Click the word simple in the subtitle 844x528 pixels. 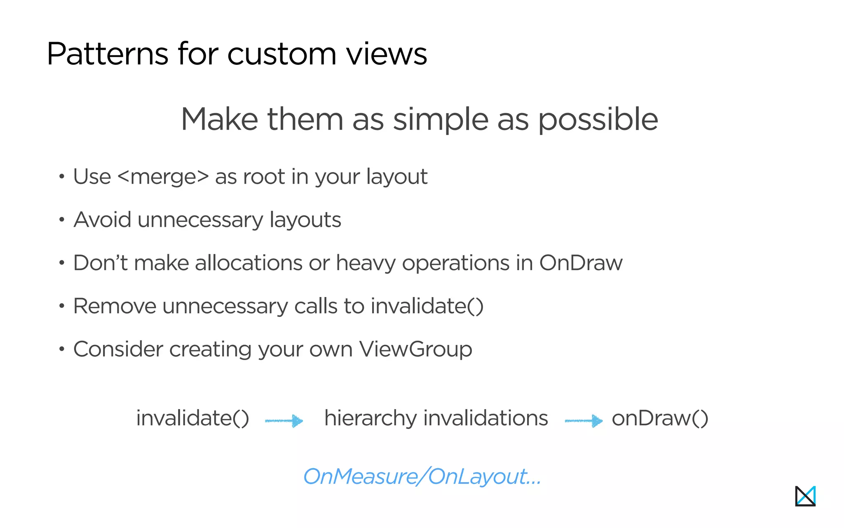(x=440, y=120)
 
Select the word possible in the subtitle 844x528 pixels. (x=598, y=120)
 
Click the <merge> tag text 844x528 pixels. (x=163, y=177)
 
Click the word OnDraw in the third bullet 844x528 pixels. (x=581, y=263)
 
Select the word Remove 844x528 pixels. (x=115, y=306)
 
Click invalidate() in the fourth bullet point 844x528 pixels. (x=427, y=306)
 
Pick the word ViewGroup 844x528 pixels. (x=415, y=349)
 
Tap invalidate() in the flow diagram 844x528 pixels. (x=193, y=418)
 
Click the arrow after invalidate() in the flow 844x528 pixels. (x=284, y=421)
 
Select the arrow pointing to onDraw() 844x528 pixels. (x=584, y=421)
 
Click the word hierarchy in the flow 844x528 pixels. (x=370, y=418)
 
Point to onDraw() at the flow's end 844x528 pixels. (x=660, y=418)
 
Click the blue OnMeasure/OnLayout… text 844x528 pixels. (x=422, y=476)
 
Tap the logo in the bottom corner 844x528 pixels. (x=805, y=496)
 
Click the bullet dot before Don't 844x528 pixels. (x=62, y=263)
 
